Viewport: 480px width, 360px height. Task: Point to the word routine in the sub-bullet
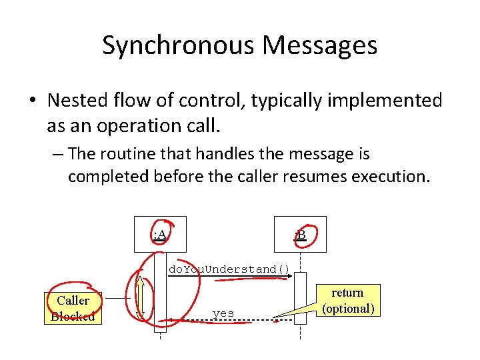pyautogui.click(x=127, y=154)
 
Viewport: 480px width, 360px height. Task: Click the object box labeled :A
pyautogui.click(x=159, y=235)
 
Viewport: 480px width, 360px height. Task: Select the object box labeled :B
pyautogui.click(x=301, y=235)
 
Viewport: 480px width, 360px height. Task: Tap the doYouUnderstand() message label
pyautogui.click(x=229, y=269)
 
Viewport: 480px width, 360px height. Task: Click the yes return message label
pyautogui.click(x=223, y=313)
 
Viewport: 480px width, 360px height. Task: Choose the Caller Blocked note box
pyautogui.click(x=73, y=308)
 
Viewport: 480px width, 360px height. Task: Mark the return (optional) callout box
pyautogui.click(x=347, y=301)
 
